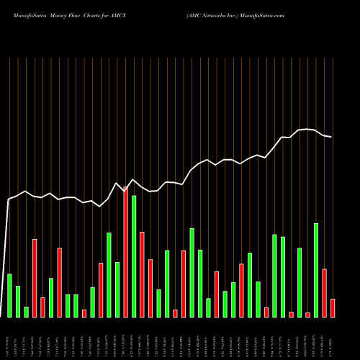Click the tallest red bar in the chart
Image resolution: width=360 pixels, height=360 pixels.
pyautogui.click(x=125, y=252)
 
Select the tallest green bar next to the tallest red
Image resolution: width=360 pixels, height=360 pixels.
pyautogui.click(x=134, y=256)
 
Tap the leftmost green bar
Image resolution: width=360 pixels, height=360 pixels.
pyautogui.click(x=9, y=295)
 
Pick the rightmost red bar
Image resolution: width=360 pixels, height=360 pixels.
pyautogui.click(x=333, y=308)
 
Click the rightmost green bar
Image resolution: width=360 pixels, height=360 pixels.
pyautogui.click(x=316, y=270)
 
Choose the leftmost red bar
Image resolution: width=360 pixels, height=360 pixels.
pyautogui.click(x=35, y=278)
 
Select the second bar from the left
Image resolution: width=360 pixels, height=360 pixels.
pyautogui.click(x=18, y=301)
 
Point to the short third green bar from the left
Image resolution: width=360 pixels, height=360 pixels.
pyautogui.click(x=26, y=312)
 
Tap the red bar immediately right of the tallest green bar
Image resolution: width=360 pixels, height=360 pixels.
pyautogui.click(x=142, y=274)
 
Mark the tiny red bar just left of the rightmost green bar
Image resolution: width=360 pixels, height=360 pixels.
pyautogui.click(x=307, y=315)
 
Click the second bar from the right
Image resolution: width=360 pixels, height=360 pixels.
pyautogui.click(x=325, y=293)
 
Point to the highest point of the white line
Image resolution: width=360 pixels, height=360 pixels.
pyautogui.click(x=307, y=129)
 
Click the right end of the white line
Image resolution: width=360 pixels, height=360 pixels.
pyautogui.click(x=332, y=137)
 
